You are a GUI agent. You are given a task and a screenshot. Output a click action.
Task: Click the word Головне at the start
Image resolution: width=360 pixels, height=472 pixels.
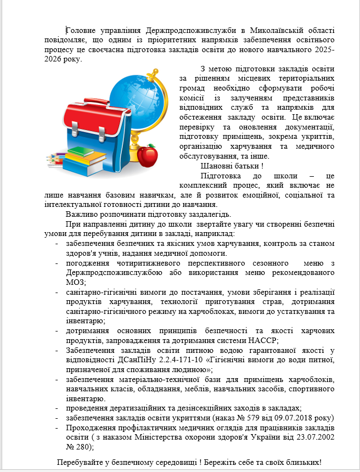(82, 30)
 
